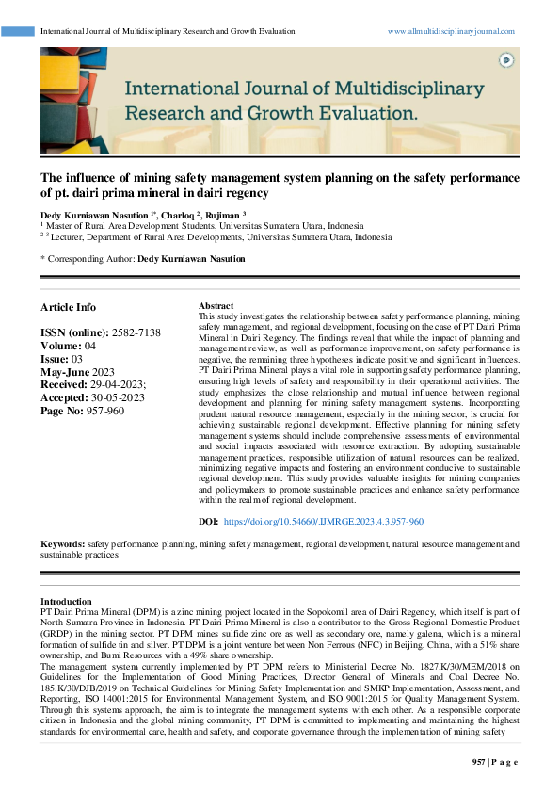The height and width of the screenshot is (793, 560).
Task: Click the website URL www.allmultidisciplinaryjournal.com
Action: click(x=451, y=31)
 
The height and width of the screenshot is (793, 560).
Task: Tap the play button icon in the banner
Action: click(x=506, y=60)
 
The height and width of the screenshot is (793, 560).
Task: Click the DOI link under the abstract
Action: click(x=325, y=521)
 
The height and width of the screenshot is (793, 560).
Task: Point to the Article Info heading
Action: click(x=68, y=307)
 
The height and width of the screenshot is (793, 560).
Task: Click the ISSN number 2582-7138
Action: click(x=136, y=333)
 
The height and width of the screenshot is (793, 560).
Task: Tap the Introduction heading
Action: click(x=66, y=601)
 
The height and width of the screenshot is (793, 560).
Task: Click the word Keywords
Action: click(x=61, y=544)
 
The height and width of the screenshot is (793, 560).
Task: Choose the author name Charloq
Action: click(x=179, y=216)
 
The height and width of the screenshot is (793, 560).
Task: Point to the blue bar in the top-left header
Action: click(x=18, y=31)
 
